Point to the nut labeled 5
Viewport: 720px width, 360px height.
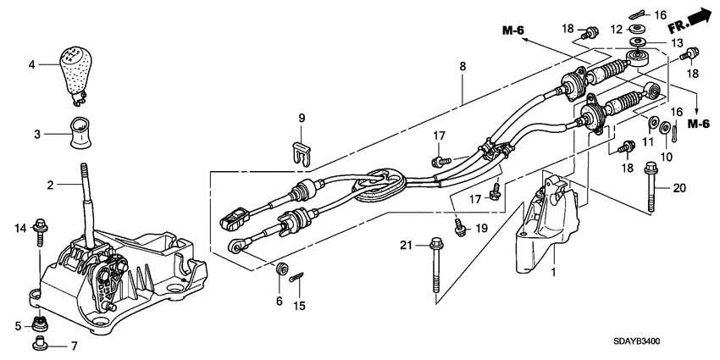(38, 322)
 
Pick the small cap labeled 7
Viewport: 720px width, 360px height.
(39, 343)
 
